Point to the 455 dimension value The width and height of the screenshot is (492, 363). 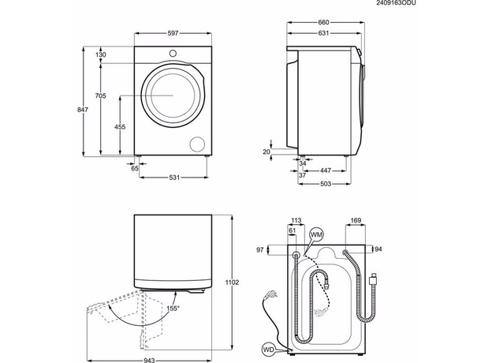pyautogui.click(x=119, y=126)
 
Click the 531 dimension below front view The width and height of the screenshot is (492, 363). pyautogui.click(x=175, y=177)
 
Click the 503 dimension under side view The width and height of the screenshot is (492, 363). pyautogui.click(x=325, y=183)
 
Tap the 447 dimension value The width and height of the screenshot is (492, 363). pyautogui.click(x=325, y=170)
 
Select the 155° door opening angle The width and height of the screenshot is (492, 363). pyautogui.click(x=173, y=308)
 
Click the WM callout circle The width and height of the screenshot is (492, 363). pyautogui.click(x=316, y=235)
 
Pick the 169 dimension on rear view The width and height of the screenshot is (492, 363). pyautogui.click(x=355, y=221)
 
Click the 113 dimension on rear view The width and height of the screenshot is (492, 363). pyautogui.click(x=296, y=221)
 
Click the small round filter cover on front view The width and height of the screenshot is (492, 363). pyautogui.click(x=197, y=143)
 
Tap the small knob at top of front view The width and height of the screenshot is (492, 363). pyautogui.click(x=173, y=54)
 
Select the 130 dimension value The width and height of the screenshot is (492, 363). pyautogui.click(x=101, y=54)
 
